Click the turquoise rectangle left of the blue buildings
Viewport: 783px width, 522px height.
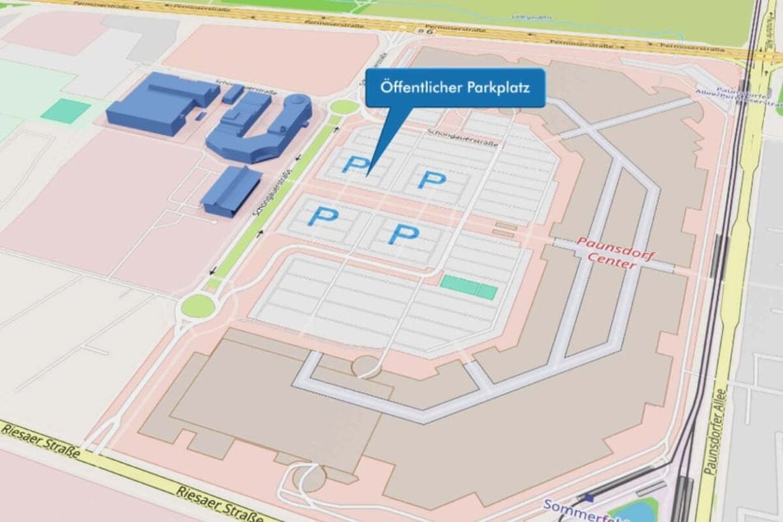coord(65,110)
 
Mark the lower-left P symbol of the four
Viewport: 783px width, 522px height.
coord(323,217)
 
